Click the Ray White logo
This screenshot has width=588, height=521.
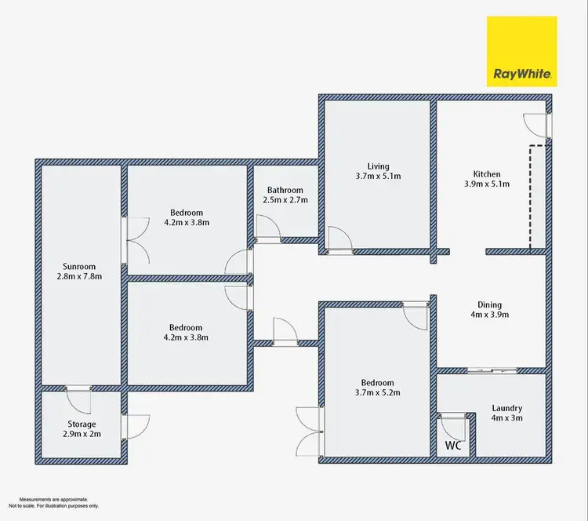coord(523,51)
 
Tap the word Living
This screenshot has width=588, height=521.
coord(378,166)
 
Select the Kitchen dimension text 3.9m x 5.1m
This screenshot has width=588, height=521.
coord(486,185)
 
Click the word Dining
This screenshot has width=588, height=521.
coord(490,305)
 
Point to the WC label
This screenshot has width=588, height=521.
coord(452,446)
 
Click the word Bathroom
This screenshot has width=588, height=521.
coord(285,190)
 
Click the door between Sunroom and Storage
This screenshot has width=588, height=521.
coord(80,400)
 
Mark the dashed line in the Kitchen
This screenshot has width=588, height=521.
coord(531,196)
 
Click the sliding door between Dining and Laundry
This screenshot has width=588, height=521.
coord(491,370)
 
